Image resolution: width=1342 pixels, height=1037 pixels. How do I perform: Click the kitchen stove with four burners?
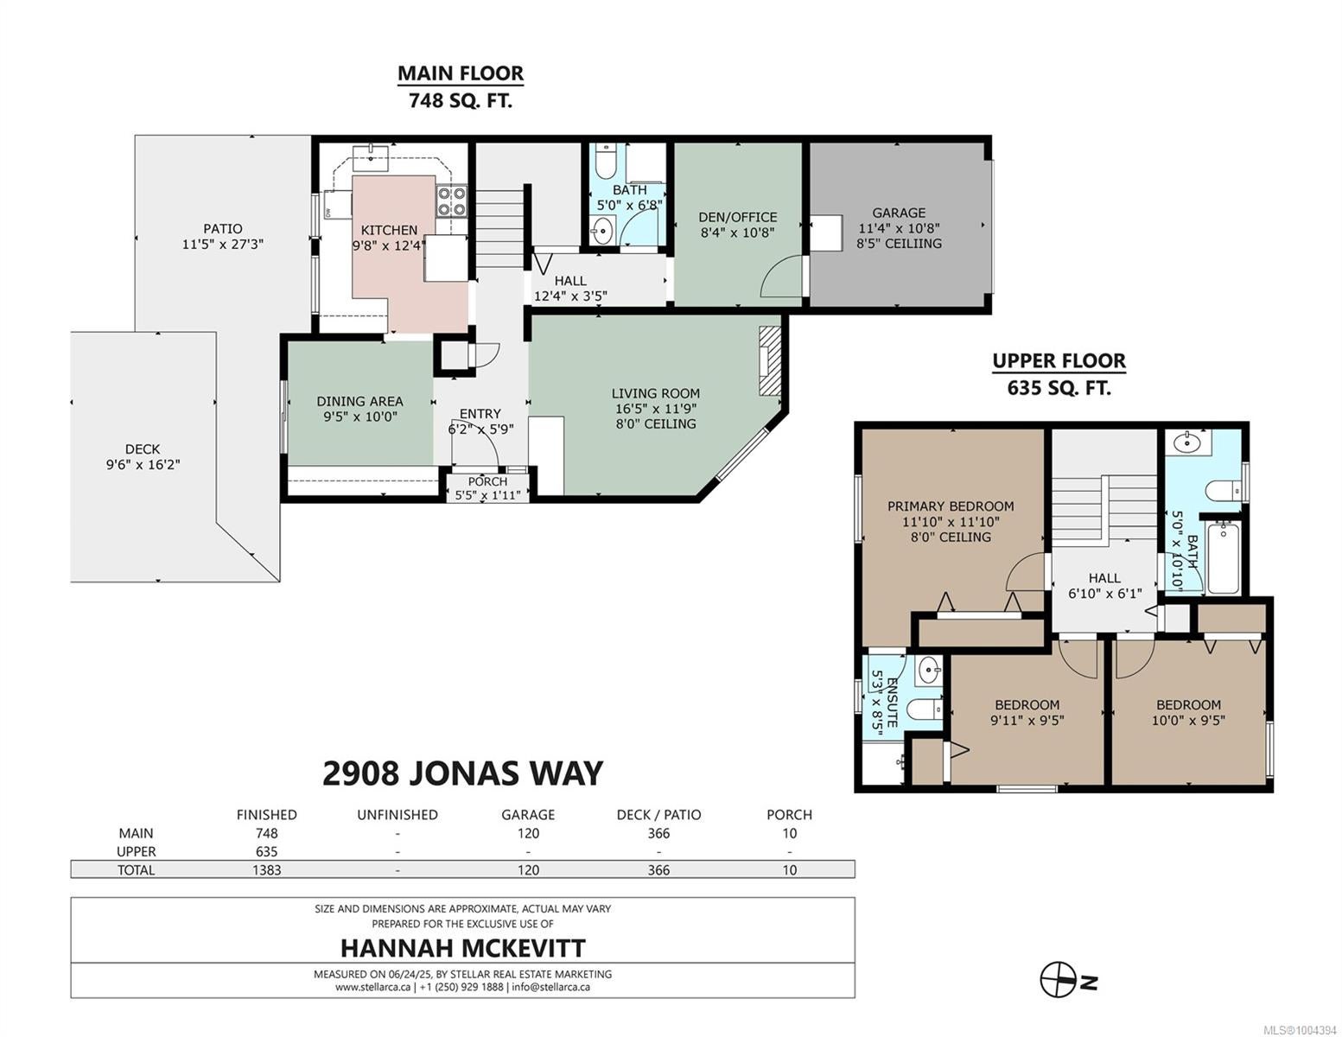click(451, 201)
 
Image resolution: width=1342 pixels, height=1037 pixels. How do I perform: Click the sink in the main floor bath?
click(600, 232)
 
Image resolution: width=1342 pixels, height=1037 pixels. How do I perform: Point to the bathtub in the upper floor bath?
click(1223, 557)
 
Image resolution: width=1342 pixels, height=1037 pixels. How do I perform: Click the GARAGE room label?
click(899, 213)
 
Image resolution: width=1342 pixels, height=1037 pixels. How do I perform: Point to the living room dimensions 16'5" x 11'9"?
click(655, 408)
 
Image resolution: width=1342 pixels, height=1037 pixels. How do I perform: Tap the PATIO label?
click(222, 228)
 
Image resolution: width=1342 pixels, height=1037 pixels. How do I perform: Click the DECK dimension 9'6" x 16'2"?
click(143, 464)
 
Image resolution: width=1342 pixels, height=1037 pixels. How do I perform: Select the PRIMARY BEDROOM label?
click(951, 506)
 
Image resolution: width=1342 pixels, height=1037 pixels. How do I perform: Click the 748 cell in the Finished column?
click(267, 833)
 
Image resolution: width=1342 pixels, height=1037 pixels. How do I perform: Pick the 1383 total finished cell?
click(267, 869)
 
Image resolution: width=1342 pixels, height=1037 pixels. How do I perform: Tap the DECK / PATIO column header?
click(659, 815)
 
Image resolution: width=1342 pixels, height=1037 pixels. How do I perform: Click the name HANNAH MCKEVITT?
click(463, 947)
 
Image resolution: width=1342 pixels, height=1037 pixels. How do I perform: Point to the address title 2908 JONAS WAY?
click(462, 773)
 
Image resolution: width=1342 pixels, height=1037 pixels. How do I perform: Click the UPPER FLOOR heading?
click(1059, 360)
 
